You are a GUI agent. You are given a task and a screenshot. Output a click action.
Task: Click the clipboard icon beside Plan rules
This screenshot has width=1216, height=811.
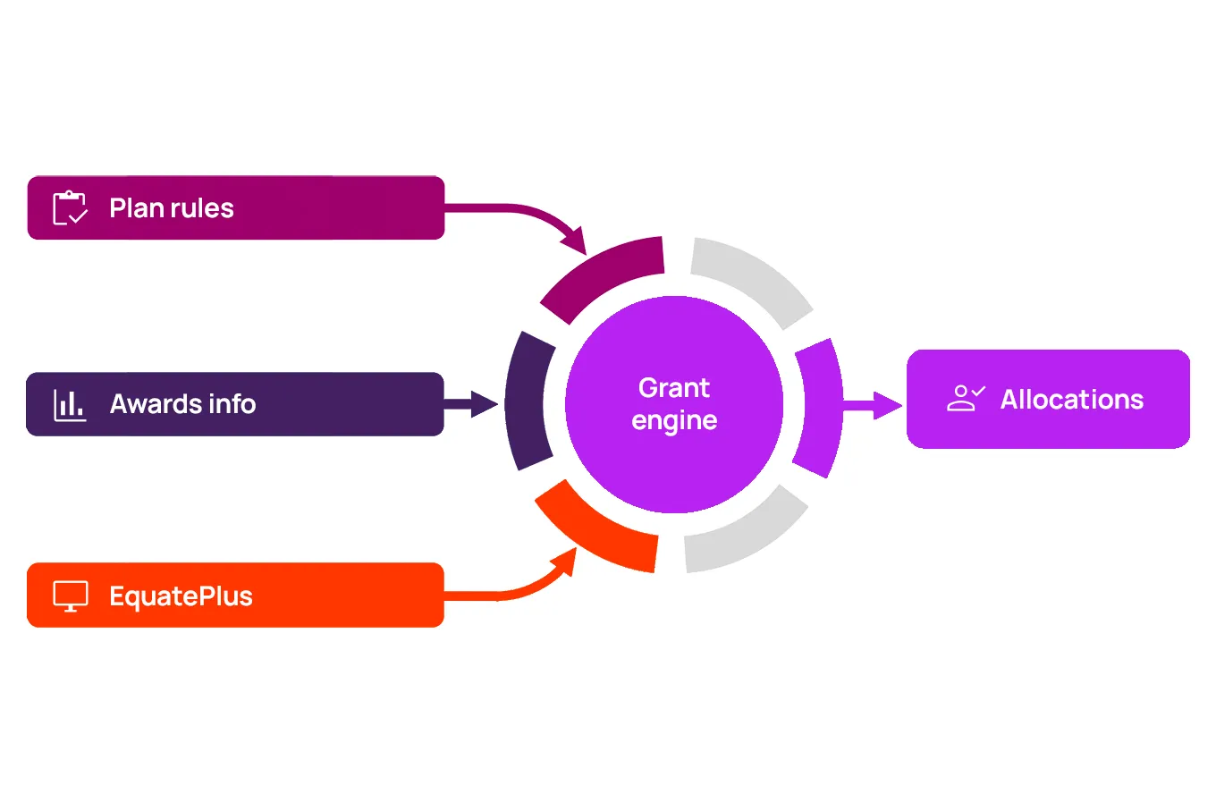(x=70, y=208)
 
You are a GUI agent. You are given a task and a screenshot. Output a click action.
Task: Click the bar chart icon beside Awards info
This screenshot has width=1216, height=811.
(x=70, y=405)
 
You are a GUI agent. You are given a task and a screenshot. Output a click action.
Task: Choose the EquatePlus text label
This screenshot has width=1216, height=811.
(x=181, y=596)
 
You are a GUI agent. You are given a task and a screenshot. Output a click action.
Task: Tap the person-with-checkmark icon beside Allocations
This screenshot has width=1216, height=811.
(x=965, y=399)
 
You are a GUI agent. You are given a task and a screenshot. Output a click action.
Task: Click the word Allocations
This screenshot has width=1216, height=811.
(x=1071, y=400)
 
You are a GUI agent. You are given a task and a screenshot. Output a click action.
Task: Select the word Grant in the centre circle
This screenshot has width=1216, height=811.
(x=674, y=388)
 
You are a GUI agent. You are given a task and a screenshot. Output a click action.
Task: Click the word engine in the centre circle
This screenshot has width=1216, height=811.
(x=674, y=420)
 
